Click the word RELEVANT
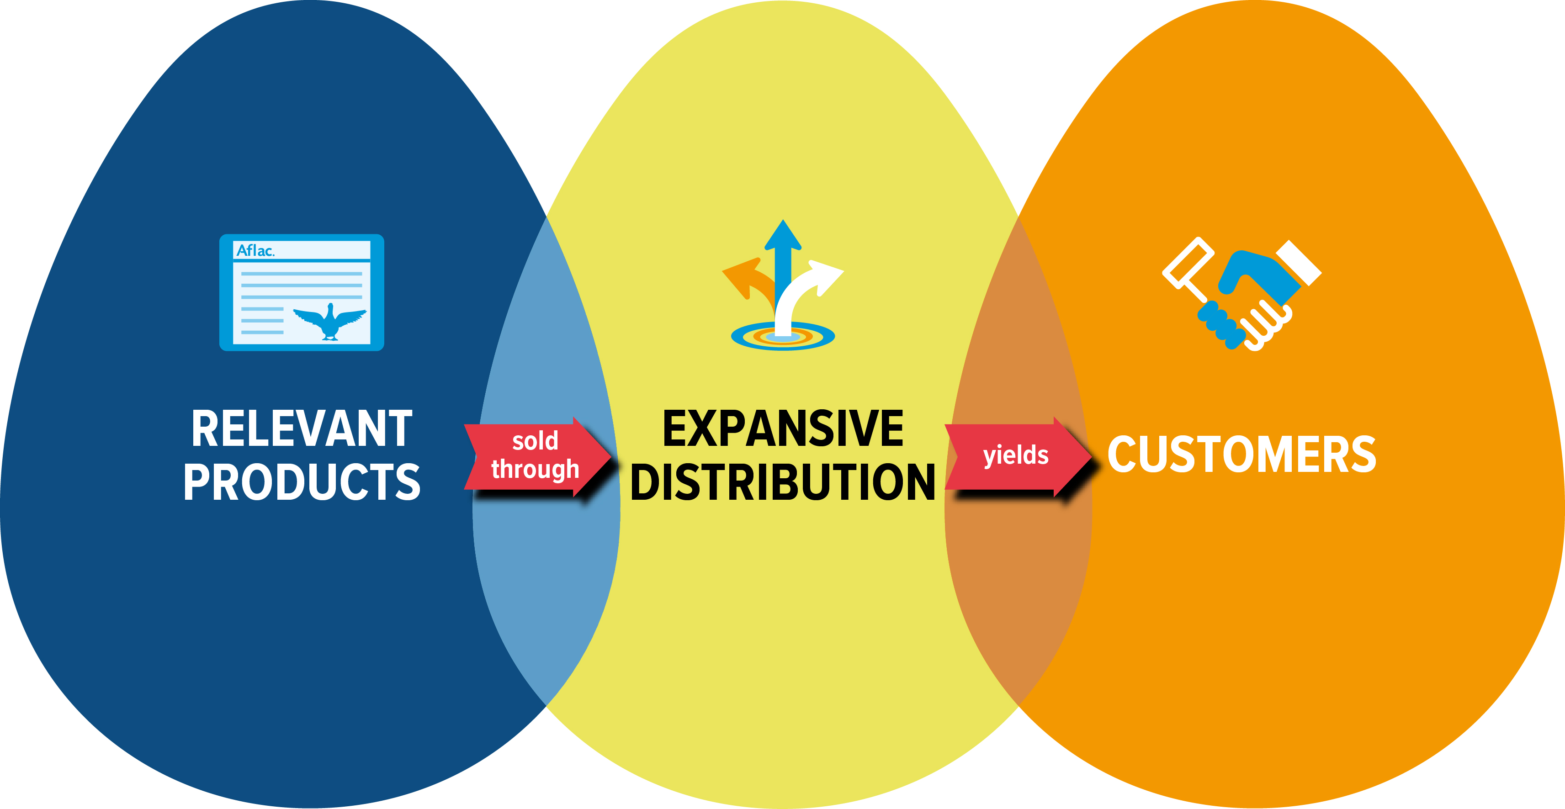click(302, 429)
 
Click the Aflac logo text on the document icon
click(255, 250)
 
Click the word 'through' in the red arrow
click(535, 470)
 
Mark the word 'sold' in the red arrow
click(535, 441)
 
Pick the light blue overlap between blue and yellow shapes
click(547, 577)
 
